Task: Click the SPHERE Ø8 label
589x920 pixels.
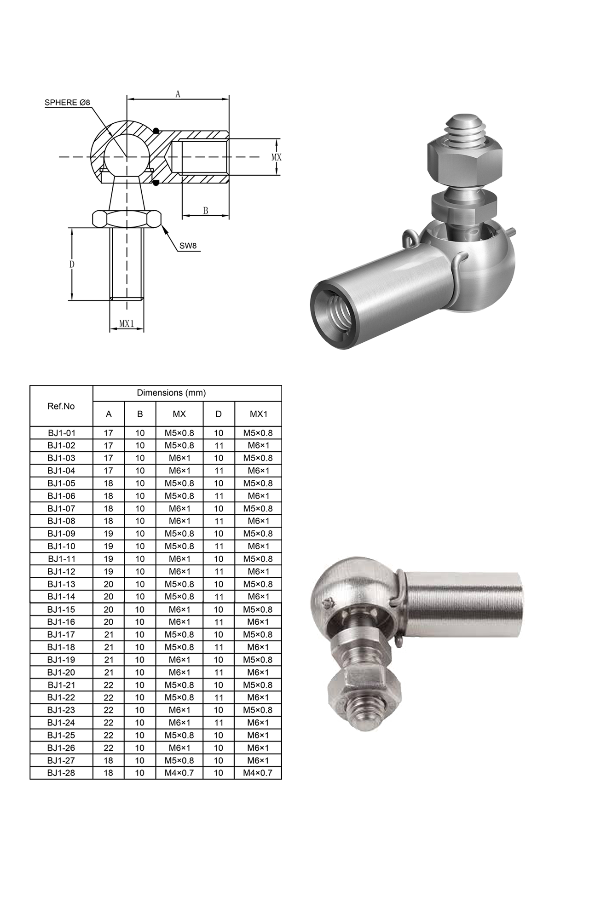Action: [x=67, y=103]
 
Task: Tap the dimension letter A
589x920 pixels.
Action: [x=178, y=94]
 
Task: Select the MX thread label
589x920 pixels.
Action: [x=276, y=157]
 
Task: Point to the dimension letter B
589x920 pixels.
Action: [x=206, y=211]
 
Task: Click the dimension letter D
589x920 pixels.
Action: [x=72, y=264]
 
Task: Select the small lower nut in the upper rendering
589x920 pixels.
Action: [x=463, y=207]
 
